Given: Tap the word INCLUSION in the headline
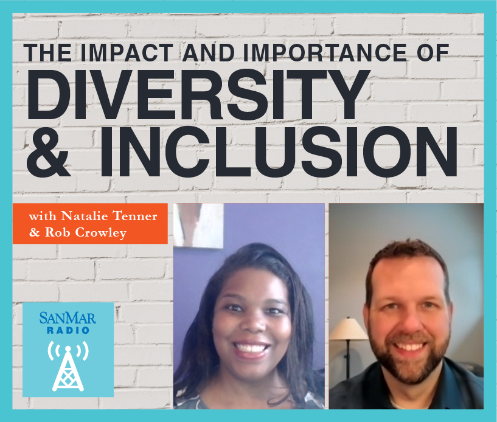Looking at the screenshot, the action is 279,151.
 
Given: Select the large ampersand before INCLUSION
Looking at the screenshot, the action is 48,151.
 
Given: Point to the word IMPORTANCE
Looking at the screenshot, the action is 325,52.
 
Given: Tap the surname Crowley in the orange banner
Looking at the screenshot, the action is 101,233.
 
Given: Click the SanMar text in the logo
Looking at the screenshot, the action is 68,318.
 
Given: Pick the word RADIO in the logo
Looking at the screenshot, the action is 68,330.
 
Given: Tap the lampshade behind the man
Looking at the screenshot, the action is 348,328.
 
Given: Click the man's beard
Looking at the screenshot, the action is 409,358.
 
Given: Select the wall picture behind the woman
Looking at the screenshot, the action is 199,225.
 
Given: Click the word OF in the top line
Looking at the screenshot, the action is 433,52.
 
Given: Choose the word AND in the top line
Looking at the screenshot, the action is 208,52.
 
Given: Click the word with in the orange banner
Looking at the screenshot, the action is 43,216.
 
